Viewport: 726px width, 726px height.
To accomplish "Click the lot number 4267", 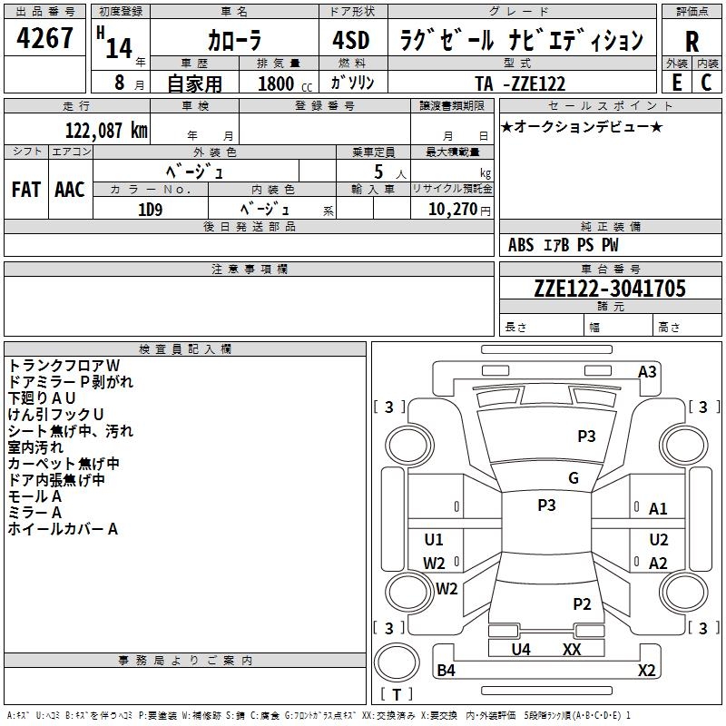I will [x=45, y=38].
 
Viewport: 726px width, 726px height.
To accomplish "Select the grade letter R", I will [x=692, y=42].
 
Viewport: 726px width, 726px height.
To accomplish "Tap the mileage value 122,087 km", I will [x=107, y=130].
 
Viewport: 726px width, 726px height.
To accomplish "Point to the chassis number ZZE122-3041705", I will [x=610, y=289].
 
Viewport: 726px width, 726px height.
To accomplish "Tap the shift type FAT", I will [x=26, y=189].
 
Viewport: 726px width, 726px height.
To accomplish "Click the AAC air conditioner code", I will [x=70, y=189].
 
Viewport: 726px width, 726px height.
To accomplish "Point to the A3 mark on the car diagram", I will [x=647, y=371].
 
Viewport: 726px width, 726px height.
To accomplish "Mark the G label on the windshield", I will [x=574, y=478].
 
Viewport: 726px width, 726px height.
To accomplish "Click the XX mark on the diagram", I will [x=572, y=649].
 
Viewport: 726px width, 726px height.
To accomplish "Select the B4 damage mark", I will [x=446, y=671].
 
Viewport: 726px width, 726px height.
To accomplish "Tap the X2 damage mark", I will [x=646, y=671].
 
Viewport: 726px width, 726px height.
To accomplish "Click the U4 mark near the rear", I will [x=521, y=649].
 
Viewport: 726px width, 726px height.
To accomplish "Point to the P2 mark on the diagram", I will [x=582, y=603].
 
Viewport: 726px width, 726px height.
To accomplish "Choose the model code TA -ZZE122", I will [x=520, y=83].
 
